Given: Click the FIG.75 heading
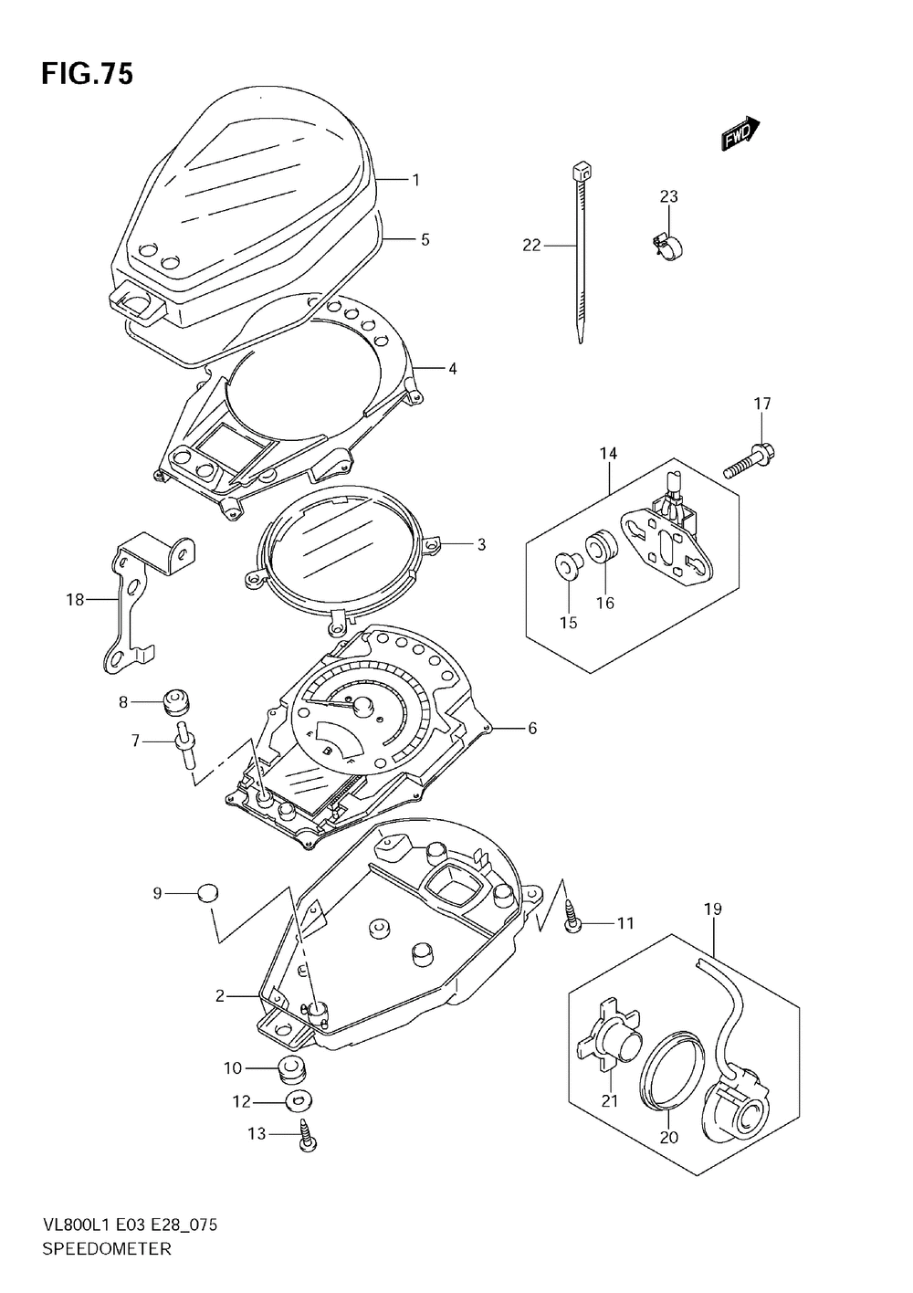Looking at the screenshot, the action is pos(87,75).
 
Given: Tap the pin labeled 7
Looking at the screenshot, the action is pos(186,744).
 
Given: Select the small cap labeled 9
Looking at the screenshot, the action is pos(208,893).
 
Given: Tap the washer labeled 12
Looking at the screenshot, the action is pos(299,1102).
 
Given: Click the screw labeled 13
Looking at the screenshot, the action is pos(308,1135).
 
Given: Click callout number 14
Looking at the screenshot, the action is pos(608,454).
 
